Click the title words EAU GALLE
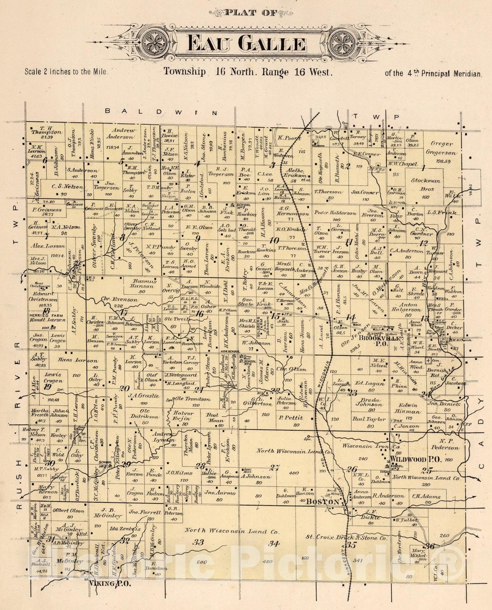coord(247,44)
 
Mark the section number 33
coord(198,542)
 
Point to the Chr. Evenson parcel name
coord(119,300)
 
